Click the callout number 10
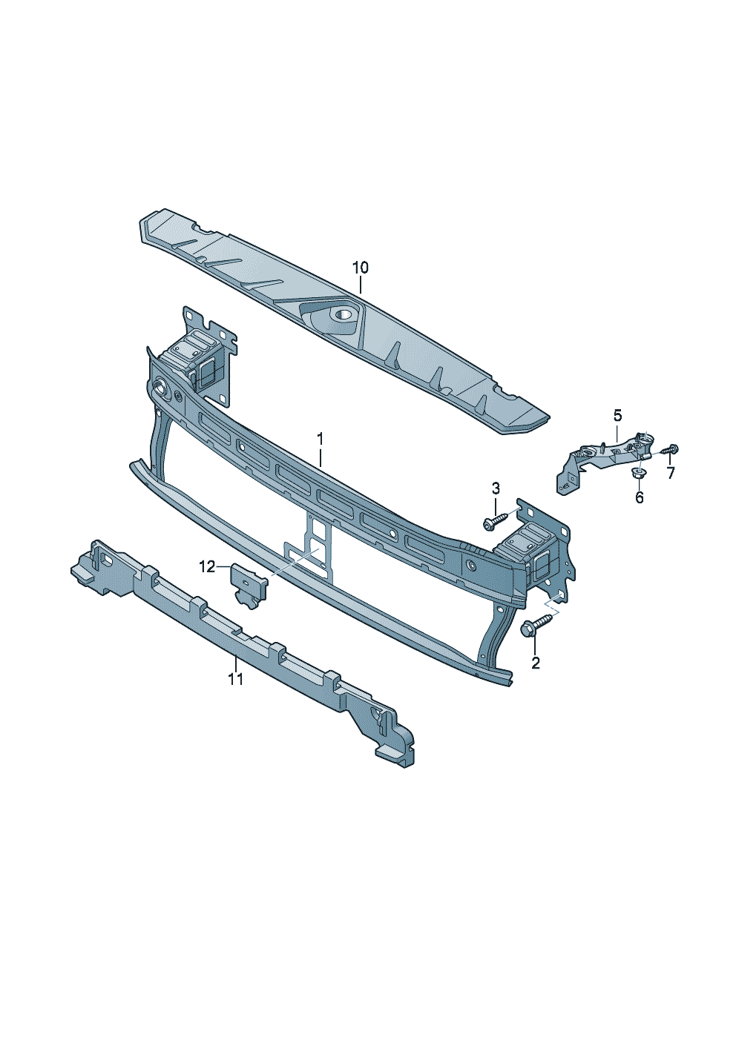pos(360,268)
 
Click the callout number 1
pos(320,438)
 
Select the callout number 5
pos(617,415)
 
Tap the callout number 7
pos(670,473)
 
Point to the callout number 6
pos(640,497)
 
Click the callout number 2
pos(535,663)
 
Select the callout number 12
pos(207,566)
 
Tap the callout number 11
pos(236,679)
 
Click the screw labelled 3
pos(493,521)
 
